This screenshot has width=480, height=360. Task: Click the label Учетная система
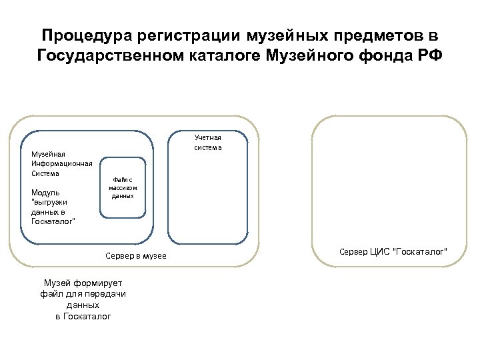(207, 142)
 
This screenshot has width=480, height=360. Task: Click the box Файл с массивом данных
(123, 187)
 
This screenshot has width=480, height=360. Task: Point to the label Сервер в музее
(136, 256)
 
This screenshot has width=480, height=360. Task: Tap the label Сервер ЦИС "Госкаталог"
(393, 251)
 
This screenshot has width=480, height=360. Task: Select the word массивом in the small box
(123, 188)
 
